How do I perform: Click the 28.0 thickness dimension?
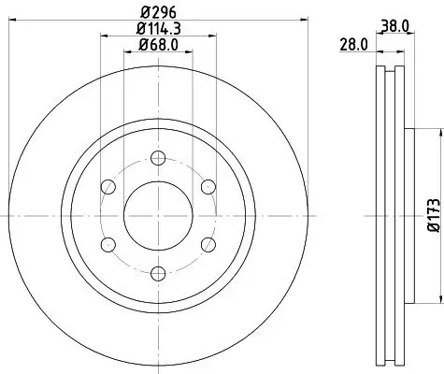click(352, 44)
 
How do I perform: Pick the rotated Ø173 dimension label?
click(433, 213)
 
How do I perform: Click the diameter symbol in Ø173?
click(433, 229)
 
